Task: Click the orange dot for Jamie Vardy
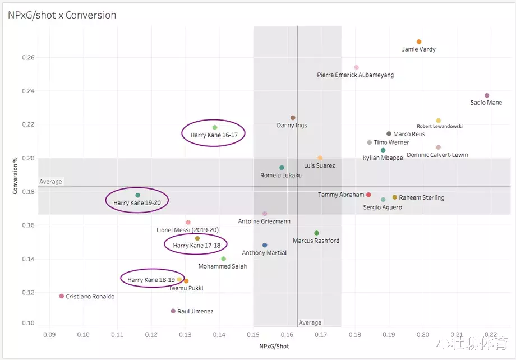pos(419,41)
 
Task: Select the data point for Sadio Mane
pos(487,95)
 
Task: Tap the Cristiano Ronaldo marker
pos(62,296)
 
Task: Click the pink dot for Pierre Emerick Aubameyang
pos(356,67)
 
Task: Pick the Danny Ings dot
pos(293,118)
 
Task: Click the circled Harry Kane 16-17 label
pos(214,135)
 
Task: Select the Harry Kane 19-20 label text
pos(137,203)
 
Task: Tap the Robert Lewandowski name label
pos(440,127)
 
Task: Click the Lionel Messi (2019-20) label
pos(188,230)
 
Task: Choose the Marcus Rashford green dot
pos(316,233)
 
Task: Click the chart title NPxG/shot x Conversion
pos(62,15)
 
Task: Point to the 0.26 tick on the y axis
pos(27,57)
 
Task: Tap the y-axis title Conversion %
pos(16,176)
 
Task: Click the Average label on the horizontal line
pos(50,182)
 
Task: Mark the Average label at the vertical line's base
pos(310,322)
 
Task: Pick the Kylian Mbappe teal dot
pos(383,150)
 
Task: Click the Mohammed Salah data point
pos(223,259)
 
